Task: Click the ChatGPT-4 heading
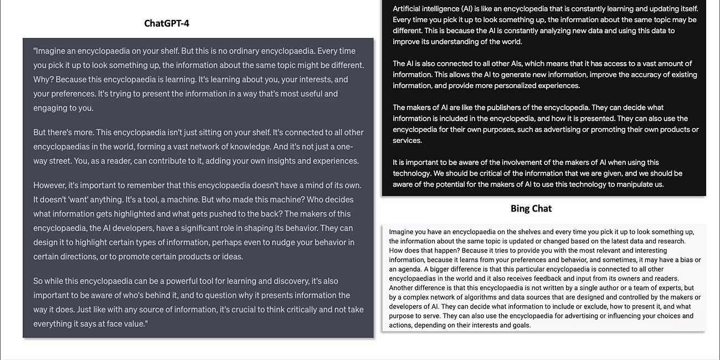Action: tap(166, 23)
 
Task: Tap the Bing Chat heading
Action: tap(531, 209)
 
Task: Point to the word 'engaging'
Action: tap(50, 108)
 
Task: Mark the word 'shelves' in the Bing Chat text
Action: tap(528, 232)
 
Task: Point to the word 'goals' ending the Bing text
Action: tap(521, 325)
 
